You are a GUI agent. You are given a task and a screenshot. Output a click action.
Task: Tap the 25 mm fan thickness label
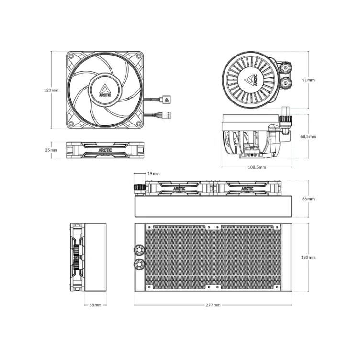coord(51,150)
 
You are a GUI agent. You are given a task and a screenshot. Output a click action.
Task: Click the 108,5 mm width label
coord(257,168)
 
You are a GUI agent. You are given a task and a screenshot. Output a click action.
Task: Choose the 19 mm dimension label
coord(153,174)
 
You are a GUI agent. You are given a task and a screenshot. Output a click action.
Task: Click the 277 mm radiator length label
coord(214,305)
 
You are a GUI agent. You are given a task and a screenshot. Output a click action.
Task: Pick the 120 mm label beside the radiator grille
coord(309,257)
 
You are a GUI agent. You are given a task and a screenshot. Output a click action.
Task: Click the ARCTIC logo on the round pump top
coord(252,79)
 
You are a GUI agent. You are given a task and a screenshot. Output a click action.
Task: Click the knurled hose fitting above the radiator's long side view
coord(139,188)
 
